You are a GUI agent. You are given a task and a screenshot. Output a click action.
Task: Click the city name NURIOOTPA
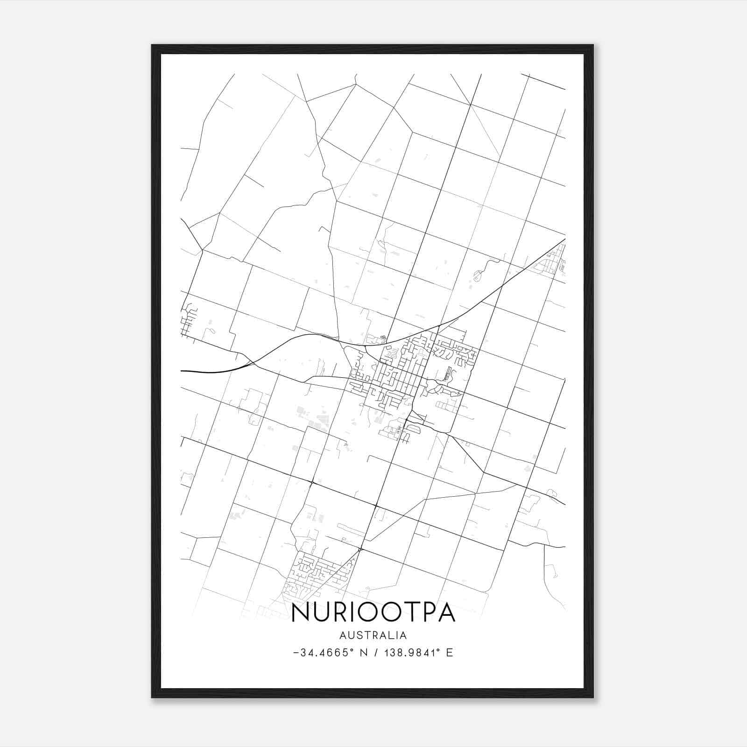(373, 613)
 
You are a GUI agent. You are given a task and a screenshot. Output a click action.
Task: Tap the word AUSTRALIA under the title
(373, 635)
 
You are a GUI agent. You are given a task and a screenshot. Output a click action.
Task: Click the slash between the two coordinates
(376, 653)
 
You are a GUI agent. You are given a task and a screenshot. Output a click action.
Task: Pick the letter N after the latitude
(365, 653)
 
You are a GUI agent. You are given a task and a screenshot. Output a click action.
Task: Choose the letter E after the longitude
(450, 653)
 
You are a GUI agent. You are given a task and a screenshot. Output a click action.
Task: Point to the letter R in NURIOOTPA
(335, 613)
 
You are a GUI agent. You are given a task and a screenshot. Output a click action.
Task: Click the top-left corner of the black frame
(152, 45)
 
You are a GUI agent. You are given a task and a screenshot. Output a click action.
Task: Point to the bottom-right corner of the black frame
(592, 697)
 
